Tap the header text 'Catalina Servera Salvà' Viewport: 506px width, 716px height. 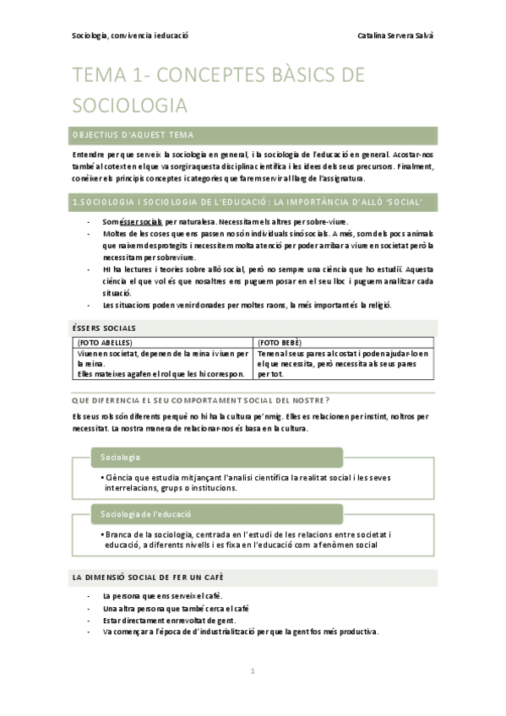[x=394, y=36]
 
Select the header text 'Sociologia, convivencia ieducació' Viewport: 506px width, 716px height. [x=130, y=36]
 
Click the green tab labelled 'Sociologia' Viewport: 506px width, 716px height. [x=120, y=457]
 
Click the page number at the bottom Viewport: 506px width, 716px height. [x=253, y=672]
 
